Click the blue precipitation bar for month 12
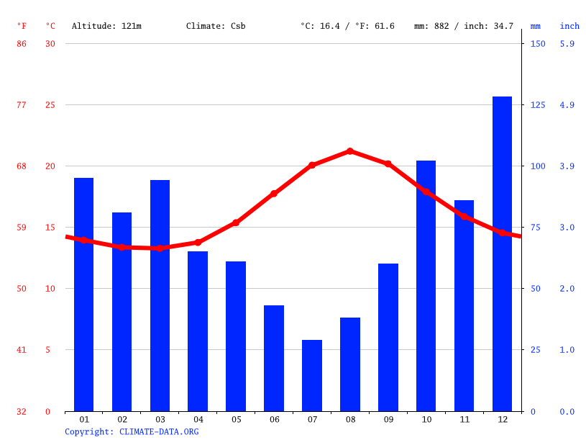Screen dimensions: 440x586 coord(502,253)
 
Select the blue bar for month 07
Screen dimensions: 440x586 coord(312,375)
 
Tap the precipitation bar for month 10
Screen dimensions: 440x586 coord(426,286)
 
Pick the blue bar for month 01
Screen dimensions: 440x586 coord(84,295)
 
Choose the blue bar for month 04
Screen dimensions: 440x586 coord(198,331)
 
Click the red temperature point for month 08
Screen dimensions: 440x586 coord(350,151)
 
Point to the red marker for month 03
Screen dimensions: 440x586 coord(160,248)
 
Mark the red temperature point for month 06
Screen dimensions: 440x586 coord(274,194)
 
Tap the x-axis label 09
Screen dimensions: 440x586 coord(388,419)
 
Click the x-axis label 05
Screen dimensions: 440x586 coord(236,419)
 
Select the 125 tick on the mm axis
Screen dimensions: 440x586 coord(538,105)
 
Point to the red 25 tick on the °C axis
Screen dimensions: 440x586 coord(50,105)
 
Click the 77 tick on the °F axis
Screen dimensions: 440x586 coord(22,105)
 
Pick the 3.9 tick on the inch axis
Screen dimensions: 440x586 coord(567,166)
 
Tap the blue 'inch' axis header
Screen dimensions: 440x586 coord(569,26)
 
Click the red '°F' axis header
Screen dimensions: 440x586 coord(22,26)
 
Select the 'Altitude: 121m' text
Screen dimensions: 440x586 coord(106,26)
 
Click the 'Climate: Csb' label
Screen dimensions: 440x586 coord(216,26)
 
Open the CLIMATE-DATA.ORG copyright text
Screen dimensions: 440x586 coord(132,431)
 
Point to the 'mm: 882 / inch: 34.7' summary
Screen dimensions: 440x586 coord(464,26)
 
